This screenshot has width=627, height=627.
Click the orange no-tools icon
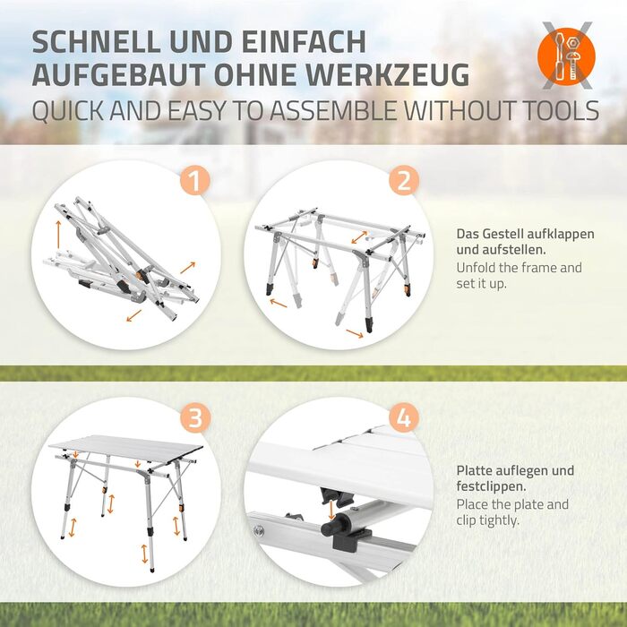[566, 56]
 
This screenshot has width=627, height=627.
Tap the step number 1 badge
[194, 181]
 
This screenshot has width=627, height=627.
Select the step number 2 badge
[404, 180]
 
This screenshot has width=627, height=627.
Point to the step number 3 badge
[194, 418]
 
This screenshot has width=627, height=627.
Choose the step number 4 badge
[403, 418]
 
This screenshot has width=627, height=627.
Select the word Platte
[474, 470]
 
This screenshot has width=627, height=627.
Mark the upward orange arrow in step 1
[58, 230]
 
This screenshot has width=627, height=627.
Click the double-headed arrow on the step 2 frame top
[359, 236]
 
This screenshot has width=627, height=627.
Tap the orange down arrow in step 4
[331, 511]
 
